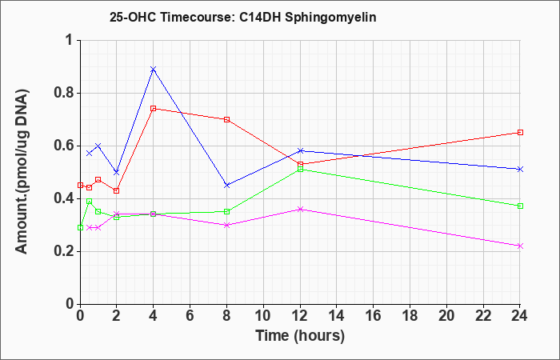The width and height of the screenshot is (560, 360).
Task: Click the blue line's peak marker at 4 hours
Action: (154, 70)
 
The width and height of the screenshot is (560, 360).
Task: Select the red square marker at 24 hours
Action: (520, 133)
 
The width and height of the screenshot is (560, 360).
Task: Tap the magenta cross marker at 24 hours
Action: (520, 246)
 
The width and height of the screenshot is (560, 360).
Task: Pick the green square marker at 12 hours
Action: (300, 170)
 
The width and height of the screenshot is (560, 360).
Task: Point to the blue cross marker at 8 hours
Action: (226, 186)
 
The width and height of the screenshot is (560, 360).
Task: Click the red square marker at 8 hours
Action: (226, 119)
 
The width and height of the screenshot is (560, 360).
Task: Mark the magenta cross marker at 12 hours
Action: (300, 210)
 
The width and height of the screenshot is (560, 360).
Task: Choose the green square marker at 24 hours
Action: (520, 206)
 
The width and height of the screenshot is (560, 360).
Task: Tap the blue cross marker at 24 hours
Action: (520, 170)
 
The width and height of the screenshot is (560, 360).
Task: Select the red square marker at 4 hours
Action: (154, 109)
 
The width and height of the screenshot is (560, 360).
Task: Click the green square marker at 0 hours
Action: (80, 227)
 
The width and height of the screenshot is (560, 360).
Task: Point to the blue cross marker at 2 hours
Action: (116, 172)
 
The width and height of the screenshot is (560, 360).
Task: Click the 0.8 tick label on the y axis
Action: (64, 94)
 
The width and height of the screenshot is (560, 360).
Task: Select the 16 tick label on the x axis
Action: (374, 316)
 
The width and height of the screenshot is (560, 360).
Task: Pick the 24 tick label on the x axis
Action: (519, 316)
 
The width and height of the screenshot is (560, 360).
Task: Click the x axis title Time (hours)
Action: (300, 336)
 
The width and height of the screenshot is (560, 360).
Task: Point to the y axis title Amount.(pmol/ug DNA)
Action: (22, 171)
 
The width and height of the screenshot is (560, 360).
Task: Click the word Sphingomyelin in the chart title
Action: (330, 18)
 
